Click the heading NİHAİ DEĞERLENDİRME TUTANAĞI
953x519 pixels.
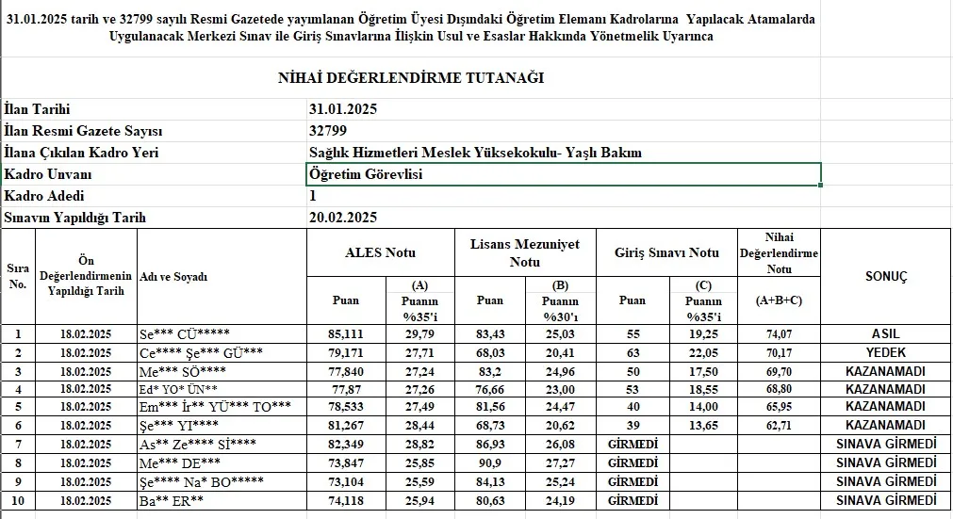tap(411, 78)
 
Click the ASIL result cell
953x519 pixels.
tap(885, 333)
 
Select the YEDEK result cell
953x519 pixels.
tap(885, 350)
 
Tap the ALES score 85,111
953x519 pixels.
tap(345, 333)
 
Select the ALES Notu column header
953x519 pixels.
tap(380, 252)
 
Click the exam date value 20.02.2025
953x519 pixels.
tap(343, 218)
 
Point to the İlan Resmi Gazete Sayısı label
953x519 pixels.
tap(84, 131)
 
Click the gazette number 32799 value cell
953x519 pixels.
tap(328, 131)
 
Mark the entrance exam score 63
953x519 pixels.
tap(632, 351)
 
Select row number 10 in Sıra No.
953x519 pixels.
tap(18, 499)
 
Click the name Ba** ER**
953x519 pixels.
tap(172, 499)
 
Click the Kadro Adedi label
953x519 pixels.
tap(44, 196)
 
